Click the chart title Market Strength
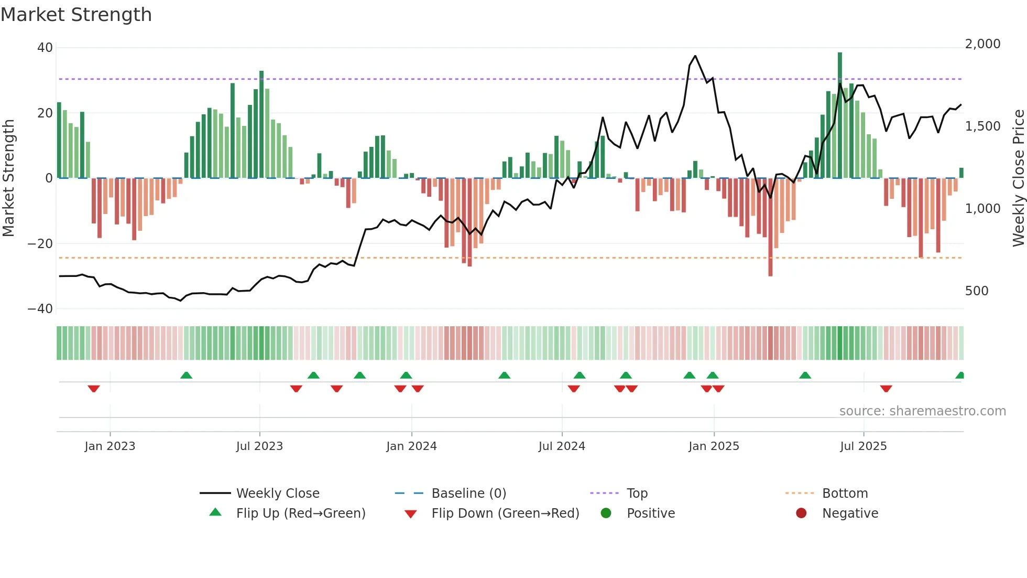(76, 15)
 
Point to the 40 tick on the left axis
(45, 48)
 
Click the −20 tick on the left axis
(40, 243)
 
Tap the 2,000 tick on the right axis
(982, 44)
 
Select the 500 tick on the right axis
(976, 291)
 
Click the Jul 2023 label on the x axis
(259, 446)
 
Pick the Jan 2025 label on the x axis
(713, 446)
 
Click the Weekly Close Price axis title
(1018, 178)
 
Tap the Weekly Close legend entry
(277, 494)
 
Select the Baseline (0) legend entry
(468, 494)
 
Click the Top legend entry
(637, 494)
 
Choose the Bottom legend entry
(845, 494)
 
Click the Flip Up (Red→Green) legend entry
(300, 513)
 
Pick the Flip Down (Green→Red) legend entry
(505, 513)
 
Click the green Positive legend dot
(606, 513)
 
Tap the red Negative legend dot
(801, 513)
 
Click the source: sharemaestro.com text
(922, 411)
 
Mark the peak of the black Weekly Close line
(695, 56)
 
